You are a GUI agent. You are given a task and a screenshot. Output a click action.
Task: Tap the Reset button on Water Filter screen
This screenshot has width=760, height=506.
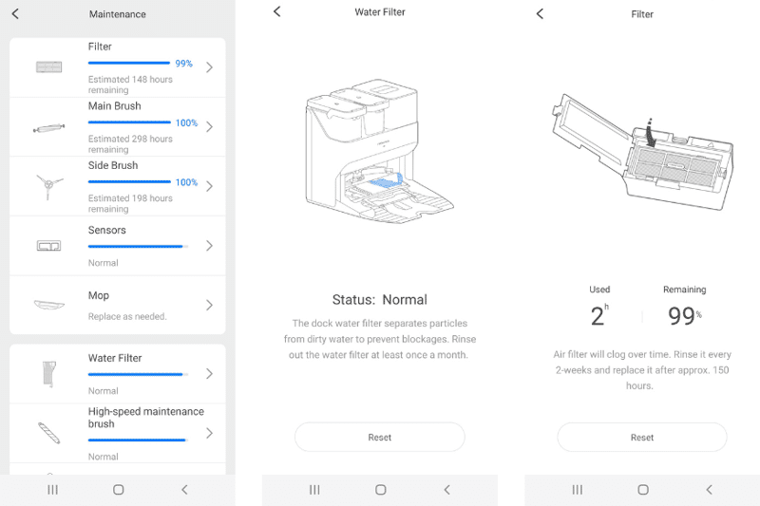click(379, 438)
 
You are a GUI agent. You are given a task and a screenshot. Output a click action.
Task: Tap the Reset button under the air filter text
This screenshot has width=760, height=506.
click(641, 438)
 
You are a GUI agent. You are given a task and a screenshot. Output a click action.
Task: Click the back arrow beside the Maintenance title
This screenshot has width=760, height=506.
click(15, 14)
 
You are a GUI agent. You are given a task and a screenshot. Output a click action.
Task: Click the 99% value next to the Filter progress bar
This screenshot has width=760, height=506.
click(183, 64)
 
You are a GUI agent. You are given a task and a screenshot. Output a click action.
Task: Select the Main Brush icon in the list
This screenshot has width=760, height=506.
click(47, 127)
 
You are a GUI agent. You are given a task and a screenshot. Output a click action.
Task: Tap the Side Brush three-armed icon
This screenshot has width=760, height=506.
click(47, 185)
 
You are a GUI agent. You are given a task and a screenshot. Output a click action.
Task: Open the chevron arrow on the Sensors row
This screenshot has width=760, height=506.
click(209, 246)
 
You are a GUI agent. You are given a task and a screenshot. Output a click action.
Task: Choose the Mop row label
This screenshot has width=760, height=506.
click(100, 296)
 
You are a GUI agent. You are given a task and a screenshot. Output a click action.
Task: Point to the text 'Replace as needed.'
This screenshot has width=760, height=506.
click(127, 316)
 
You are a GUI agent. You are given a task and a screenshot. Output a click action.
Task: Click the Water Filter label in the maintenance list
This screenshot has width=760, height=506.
click(115, 358)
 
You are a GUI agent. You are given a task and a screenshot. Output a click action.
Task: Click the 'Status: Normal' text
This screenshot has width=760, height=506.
click(379, 300)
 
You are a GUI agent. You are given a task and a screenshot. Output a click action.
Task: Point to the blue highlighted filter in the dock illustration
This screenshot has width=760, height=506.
click(389, 178)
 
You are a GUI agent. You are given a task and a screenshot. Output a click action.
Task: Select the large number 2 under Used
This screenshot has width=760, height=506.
click(598, 317)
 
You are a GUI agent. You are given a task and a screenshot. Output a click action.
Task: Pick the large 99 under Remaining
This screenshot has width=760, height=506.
click(680, 317)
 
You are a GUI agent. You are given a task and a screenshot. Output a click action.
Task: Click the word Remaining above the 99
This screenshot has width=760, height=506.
click(684, 290)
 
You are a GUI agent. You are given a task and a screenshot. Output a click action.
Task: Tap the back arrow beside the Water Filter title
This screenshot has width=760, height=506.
click(277, 11)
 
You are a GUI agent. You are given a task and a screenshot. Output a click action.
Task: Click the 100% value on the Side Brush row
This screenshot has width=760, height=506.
click(186, 182)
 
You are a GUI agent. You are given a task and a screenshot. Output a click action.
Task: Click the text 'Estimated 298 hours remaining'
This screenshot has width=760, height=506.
click(130, 144)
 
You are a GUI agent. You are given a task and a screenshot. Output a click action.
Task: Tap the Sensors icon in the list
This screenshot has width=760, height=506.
click(47, 246)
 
